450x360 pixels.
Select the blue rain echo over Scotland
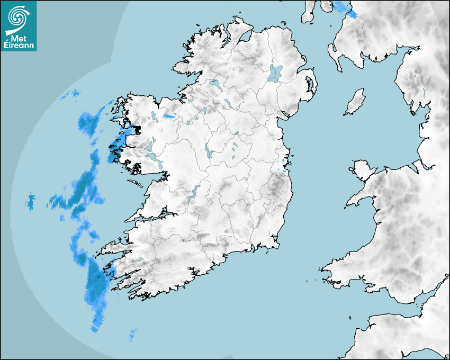coord(344,8)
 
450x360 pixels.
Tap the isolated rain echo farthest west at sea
coord(31,201)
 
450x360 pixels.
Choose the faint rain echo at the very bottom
coord(131,335)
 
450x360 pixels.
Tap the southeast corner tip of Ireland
coord(277,244)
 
